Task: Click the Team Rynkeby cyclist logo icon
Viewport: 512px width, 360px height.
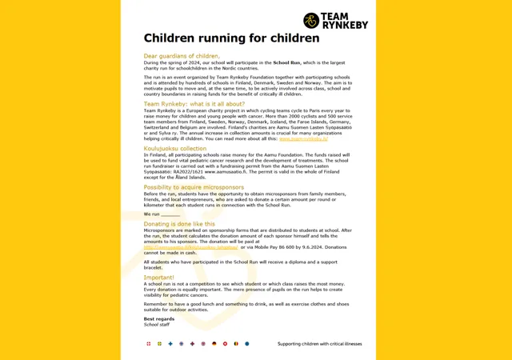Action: click(311, 21)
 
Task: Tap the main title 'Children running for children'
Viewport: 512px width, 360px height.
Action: click(231, 38)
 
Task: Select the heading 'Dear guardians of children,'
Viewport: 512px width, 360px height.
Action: click(181, 56)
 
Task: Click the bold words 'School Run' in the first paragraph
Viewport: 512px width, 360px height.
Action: click(286, 62)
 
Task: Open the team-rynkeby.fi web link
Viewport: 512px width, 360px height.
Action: click(303, 138)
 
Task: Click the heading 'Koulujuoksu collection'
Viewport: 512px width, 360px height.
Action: click(174, 149)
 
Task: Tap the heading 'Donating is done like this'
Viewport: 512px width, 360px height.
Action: click(179, 224)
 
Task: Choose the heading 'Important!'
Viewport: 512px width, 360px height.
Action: click(158, 278)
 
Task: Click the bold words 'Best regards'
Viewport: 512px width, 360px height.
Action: click(158, 318)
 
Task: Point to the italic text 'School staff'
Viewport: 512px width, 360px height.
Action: click(156, 324)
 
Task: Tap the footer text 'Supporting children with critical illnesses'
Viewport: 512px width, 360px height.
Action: click(320, 344)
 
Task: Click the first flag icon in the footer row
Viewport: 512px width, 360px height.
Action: click(148, 344)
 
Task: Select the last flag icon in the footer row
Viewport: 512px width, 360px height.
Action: click(247, 344)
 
